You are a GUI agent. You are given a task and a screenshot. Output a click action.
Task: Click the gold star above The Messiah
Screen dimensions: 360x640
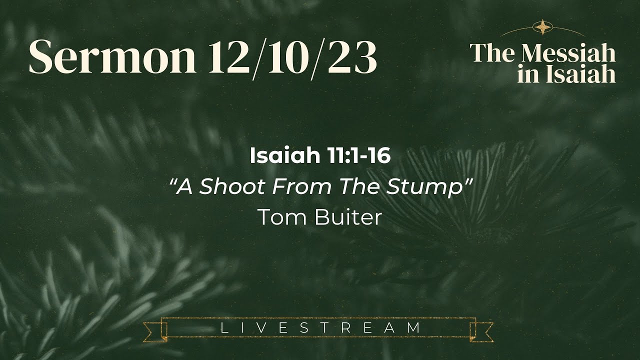click(542, 27)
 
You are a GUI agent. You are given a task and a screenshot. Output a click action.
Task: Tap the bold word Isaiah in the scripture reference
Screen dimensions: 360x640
click(280, 156)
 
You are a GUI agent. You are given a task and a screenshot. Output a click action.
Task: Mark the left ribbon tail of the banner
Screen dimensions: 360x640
click(152, 331)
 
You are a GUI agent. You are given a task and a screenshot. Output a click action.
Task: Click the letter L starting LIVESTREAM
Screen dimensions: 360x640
click(223, 328)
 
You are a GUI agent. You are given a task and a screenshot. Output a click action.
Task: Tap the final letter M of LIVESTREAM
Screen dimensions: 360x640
click(413, 328)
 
